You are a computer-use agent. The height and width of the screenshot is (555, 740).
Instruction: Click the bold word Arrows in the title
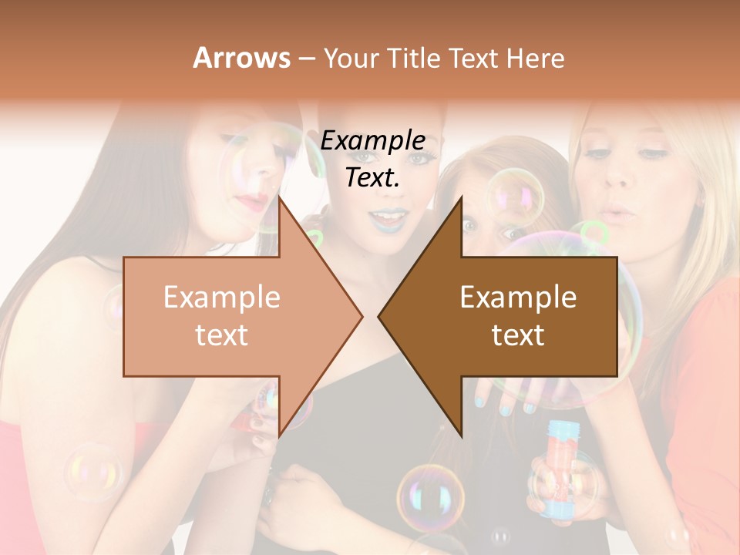(241, 58)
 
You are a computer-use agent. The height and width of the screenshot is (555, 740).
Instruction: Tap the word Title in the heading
(414, 59)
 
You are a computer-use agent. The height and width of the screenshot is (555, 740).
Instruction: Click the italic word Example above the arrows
(373, 141)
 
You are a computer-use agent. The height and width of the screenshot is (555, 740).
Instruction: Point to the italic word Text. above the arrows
(373, 178)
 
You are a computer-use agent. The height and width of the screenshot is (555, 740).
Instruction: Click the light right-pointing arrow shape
(231, 316)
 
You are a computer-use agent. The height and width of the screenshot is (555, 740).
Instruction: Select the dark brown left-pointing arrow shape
(509, 316)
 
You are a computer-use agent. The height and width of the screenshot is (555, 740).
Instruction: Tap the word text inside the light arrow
(222, 335)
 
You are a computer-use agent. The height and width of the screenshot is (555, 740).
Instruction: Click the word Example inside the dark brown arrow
(518, 298)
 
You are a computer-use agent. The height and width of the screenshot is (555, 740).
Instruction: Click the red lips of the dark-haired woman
(253, 201)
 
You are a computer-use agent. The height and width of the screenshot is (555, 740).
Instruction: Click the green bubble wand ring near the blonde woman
(593, 232)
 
